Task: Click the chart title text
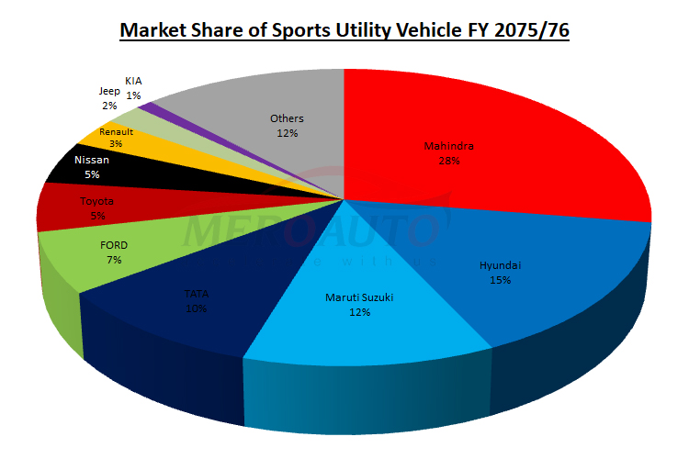click(x=344, y=31)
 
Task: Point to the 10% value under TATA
click(x=196, y=308)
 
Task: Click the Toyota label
click(x=97, y=200)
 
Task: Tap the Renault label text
click(x=117, y=132)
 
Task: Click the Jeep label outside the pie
click(x=109, y=92)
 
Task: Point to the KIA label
click(x=134, y=81)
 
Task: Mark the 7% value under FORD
click(x=114, y=260)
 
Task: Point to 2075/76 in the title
click(x=533, y=31)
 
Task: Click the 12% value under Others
click(x=287, y=133)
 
